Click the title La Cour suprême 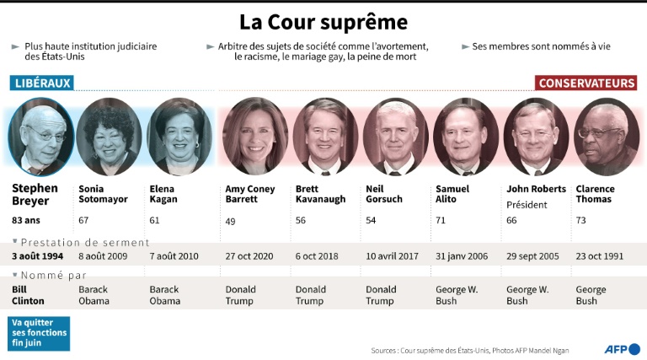(323, 21)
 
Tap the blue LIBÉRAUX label (41, 83)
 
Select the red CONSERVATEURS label (586, 83)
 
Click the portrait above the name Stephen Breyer (40, 136)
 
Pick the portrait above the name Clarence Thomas (606, 136)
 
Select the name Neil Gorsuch (385, 194)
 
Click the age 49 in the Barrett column (231, 220)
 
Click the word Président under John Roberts (527, 205)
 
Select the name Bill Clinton (29, 295)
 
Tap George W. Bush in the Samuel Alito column (457, 295)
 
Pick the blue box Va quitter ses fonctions (40, 333)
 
